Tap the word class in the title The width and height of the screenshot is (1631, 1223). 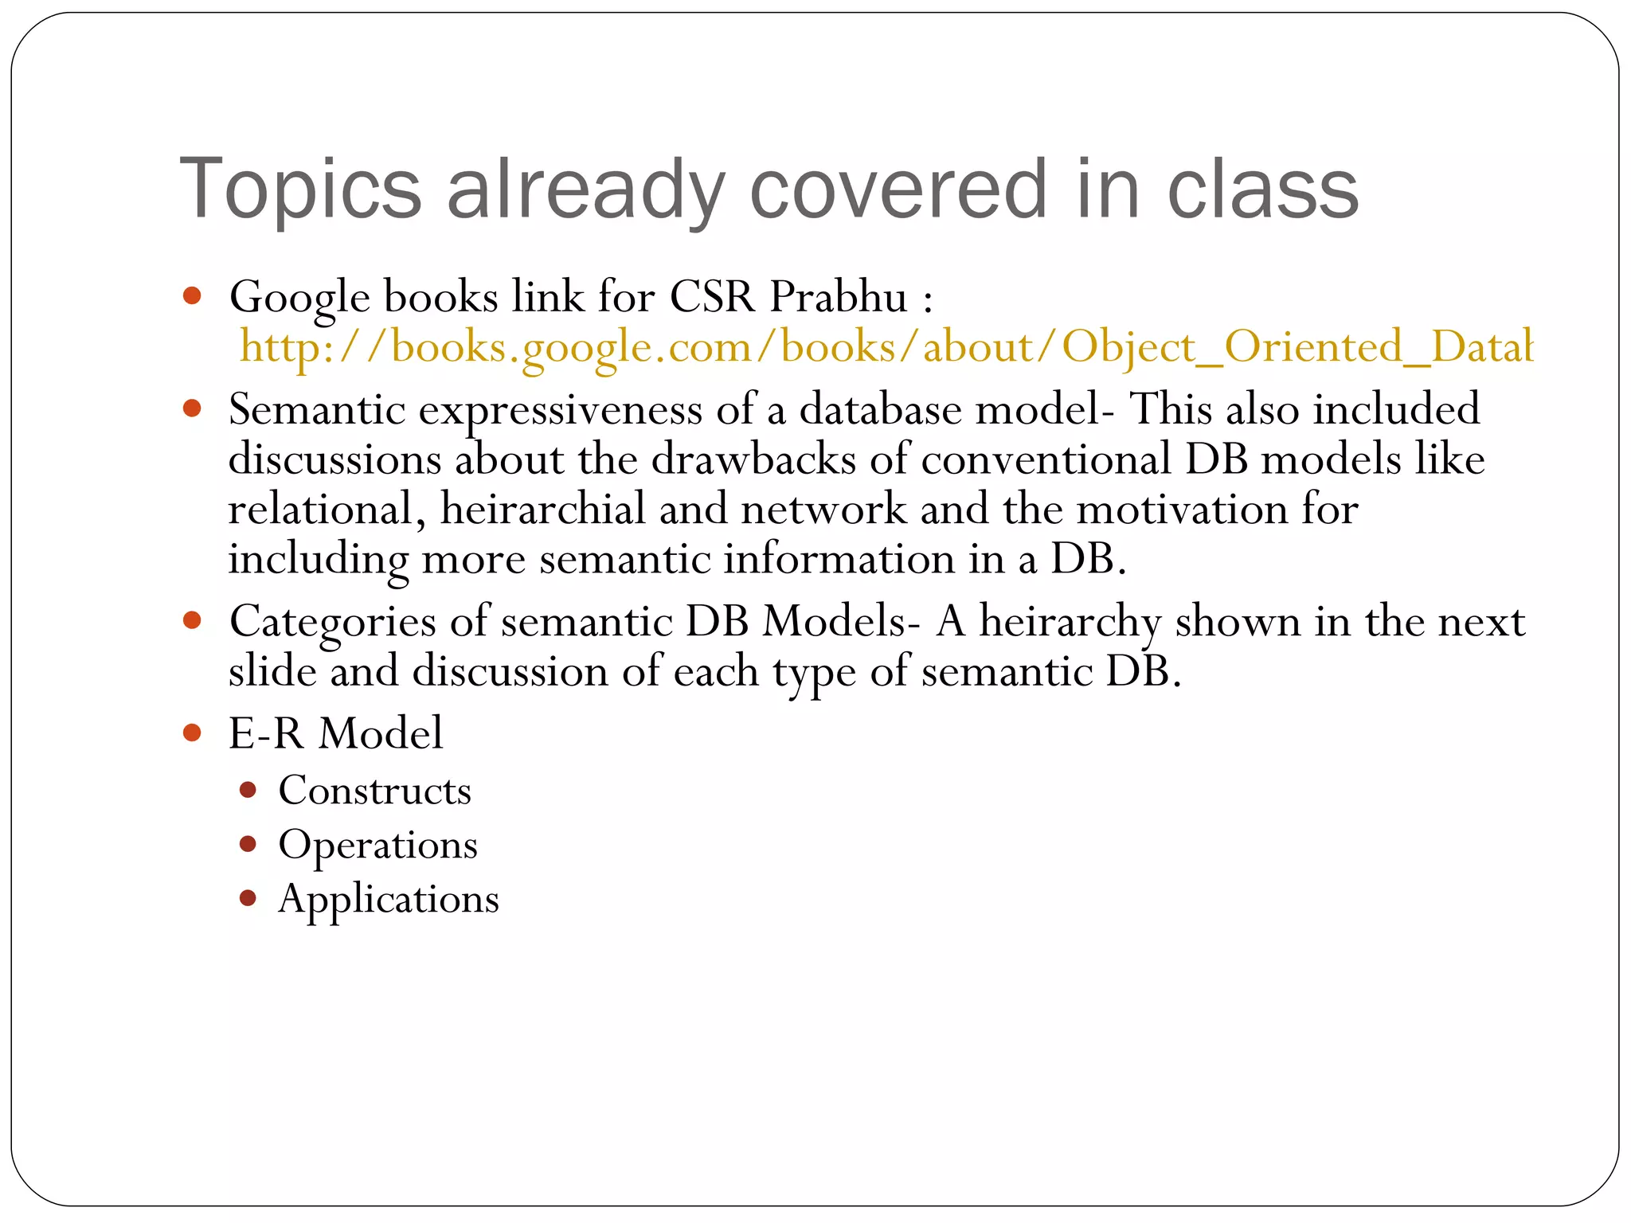click(x=1262, y=190)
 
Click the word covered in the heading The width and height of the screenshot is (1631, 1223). click(x=898, y=190)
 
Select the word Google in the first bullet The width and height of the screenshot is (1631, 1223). click(x=299, y=298)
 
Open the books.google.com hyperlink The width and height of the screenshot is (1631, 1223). click(x=884, y=347)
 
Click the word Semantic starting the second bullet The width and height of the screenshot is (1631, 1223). click(x=317, y=409)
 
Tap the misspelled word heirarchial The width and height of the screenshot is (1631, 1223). click(x=542, y=509)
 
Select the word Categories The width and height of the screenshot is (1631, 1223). click(x=332, y=621)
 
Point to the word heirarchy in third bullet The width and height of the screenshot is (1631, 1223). click(x=1070, y=621)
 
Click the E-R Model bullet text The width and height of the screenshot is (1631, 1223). click(x=335, y=733)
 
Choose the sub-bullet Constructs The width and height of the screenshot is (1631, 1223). click(x=374, y=790)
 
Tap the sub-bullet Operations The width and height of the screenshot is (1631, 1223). click(x=377, y=845)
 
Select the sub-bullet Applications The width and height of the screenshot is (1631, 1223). click(x=389, y=899)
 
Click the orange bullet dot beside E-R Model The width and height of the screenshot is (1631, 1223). click(x=192, y=733)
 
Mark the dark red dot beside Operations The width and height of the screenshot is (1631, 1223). click(x=248, y=844)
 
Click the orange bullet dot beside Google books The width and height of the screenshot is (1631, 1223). click(x=192, y=296)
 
